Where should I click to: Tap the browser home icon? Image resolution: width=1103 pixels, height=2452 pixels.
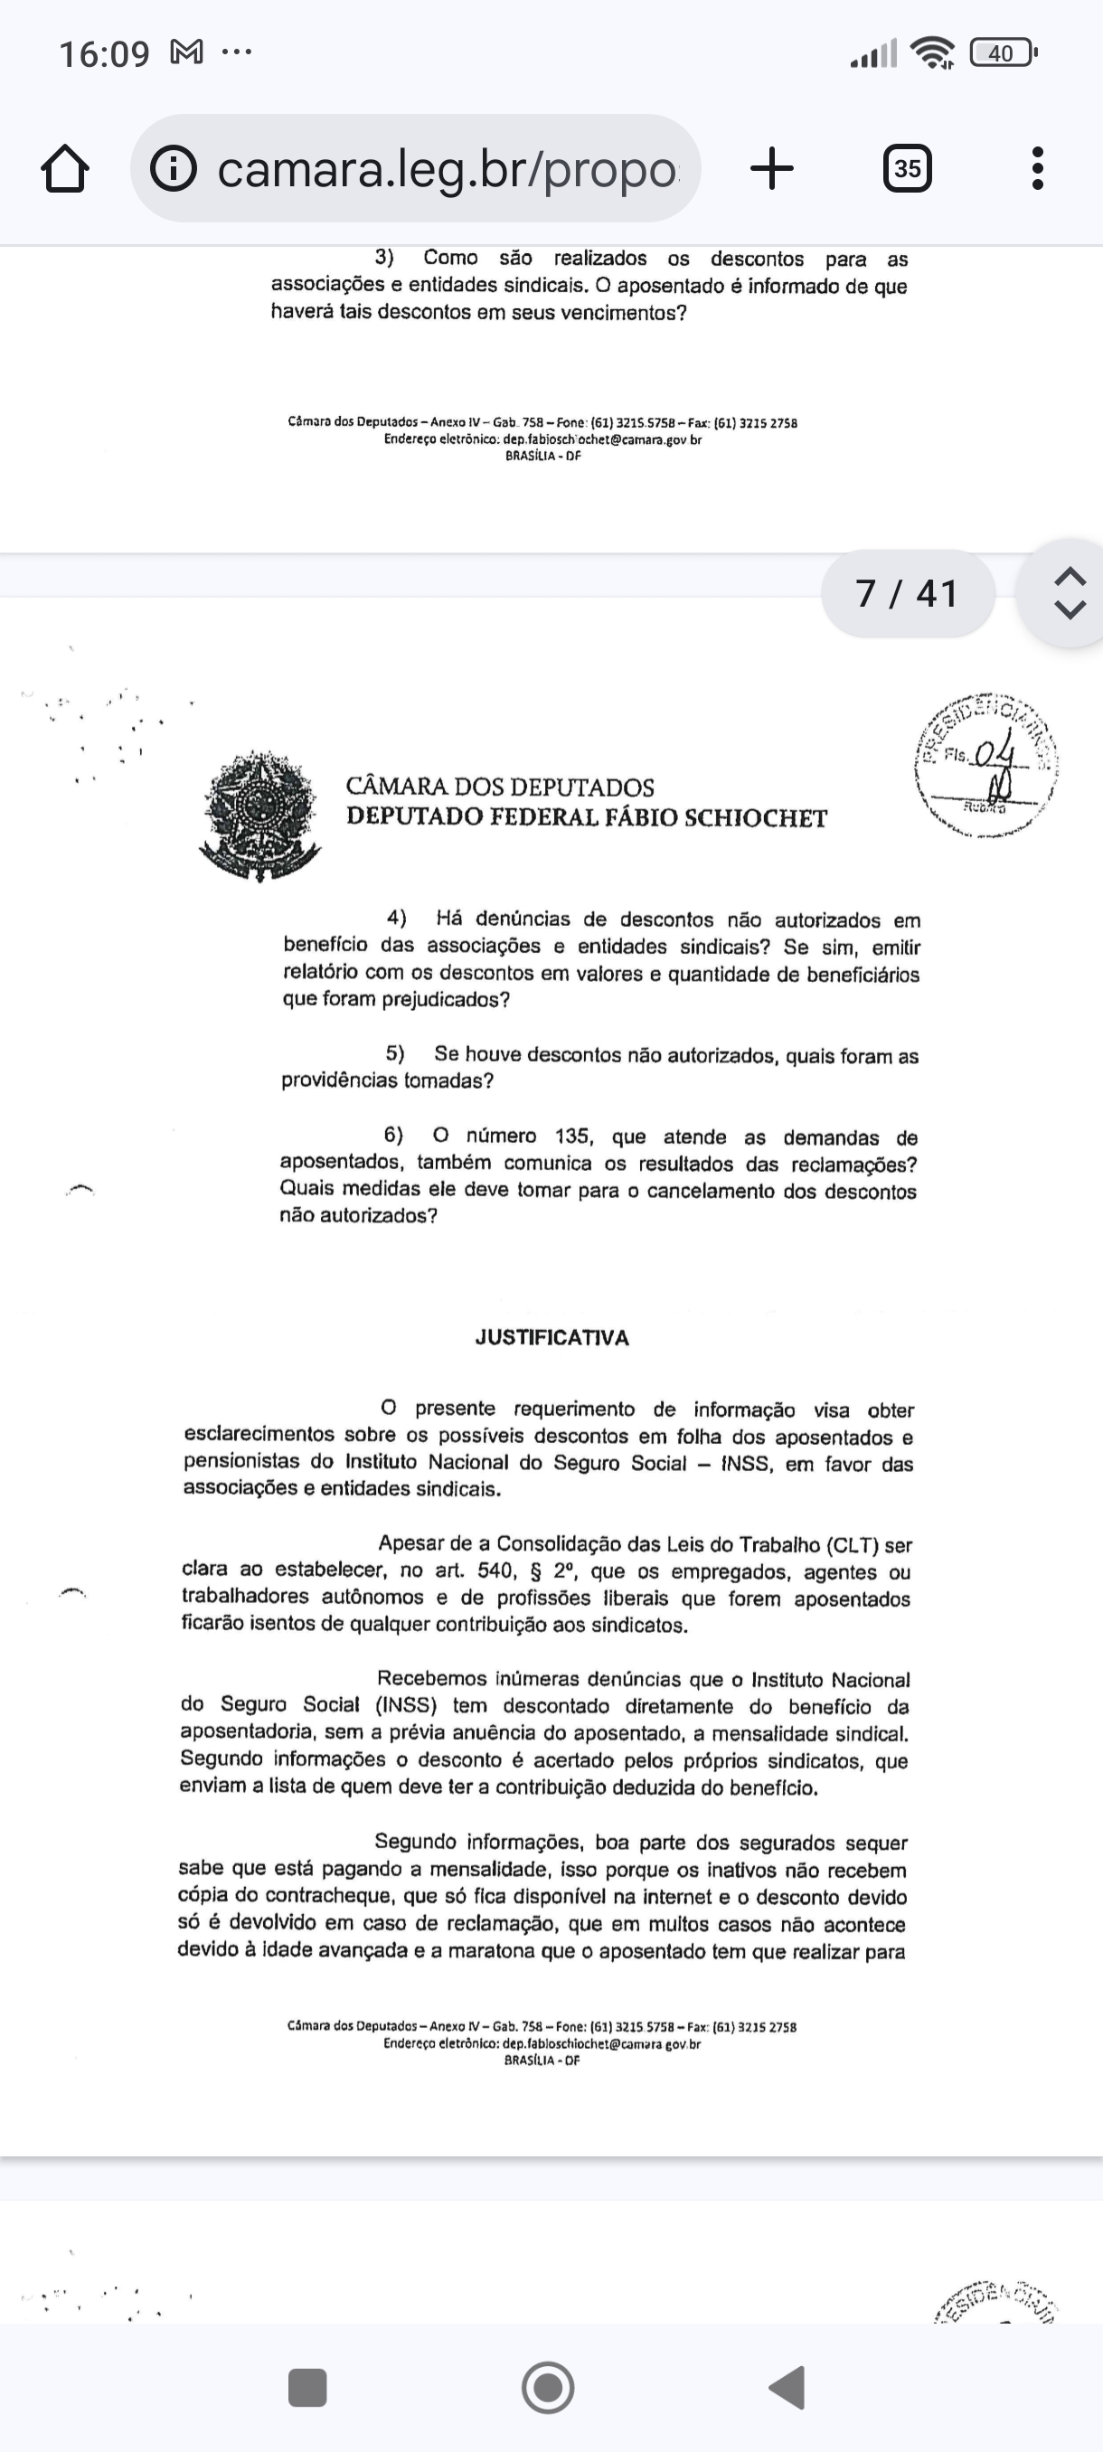tap(66, 169)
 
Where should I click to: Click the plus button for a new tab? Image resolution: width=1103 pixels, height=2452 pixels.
tap(772, 169)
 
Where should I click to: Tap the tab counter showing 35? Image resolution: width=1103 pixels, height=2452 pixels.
tap(907, 169)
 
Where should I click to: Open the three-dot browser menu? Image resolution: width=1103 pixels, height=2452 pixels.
tap(1037, 169)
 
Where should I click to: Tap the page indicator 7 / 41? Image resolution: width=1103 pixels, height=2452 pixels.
tap(907, 594)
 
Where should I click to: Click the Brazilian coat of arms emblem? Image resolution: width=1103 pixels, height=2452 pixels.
tap(259, 815)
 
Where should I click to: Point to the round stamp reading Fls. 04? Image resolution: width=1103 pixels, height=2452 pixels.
tap(986, 765)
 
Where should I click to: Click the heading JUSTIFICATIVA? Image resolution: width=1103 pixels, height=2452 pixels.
tap(552, 1337)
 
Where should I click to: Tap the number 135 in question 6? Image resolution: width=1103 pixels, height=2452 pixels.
tap(573, 1136)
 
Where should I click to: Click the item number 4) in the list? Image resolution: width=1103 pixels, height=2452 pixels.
tap(397, 918)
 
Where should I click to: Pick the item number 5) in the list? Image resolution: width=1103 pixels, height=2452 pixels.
tap(395, 1053)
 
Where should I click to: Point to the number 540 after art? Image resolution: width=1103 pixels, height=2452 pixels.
tap(495, 1570)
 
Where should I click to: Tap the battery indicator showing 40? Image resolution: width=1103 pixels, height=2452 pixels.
tap(1001, 53)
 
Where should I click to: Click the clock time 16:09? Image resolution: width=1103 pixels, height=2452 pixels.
tap(104, 54)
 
